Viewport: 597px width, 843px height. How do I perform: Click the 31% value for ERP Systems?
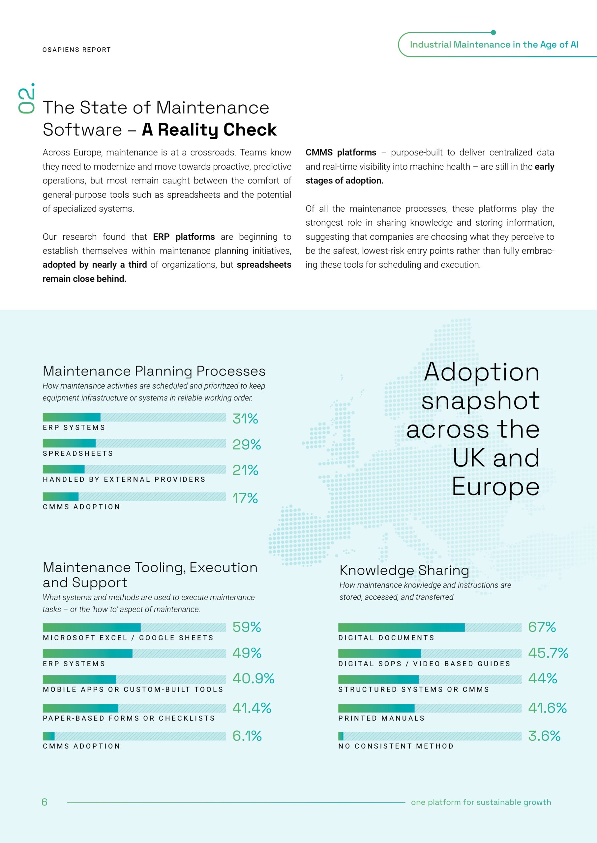pyautogui.click(x=245, y=419)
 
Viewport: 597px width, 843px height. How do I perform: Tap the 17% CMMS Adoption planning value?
pyautogui.click(x=245, y=498)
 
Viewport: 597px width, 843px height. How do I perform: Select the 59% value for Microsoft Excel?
pyautogui.click(x=247, y=627)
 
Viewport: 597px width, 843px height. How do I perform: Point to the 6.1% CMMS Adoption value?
pyautogui.click(x=247, y=736)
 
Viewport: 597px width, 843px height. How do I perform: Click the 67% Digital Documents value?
pyautogui.click(x=542, y=627)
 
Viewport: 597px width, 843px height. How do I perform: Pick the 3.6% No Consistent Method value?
pyautogui.click(x=544, y=736)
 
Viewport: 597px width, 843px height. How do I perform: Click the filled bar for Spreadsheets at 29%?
pyautogui.click(x=69, y=443)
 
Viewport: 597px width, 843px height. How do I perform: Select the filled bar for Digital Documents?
pyautogui.click(x=401, y=628)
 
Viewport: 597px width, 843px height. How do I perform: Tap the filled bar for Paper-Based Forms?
pyautogui.click(x=80, y=708)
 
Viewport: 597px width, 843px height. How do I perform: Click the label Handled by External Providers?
pyautogui.click(x=124, y=479)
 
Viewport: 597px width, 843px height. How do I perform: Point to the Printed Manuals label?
pyautogui.click(x=381, y=718)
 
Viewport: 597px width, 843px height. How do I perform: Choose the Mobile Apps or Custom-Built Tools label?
pyautogui.click(x=133, y=690)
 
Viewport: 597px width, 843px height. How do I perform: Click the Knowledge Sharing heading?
pyautogui.click(x=404, y=571)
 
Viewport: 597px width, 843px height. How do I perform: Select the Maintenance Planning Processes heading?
pyautogui.click(x=154, y=371)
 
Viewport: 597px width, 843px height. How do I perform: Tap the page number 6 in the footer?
pyautogui.click(x=45, y=802)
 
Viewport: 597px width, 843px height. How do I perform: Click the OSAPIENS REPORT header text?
pyautogui.click(x=76, y=50)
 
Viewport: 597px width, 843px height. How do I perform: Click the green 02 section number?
pyautogui.click(x=26, y=99)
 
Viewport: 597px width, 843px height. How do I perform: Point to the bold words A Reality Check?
pyautogui.click(x=209, y=130)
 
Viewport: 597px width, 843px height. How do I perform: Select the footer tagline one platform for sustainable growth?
pyautogui.click(x=481, y=802)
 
